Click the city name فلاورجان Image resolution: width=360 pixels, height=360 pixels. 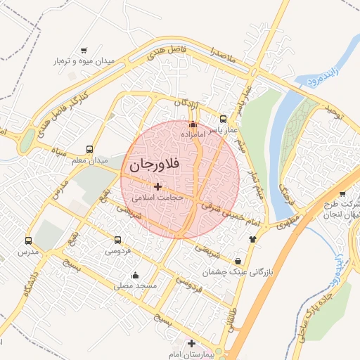point(154,166)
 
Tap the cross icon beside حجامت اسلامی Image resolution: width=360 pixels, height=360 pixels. point(157,187)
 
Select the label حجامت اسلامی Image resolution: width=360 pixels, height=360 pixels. point(161,198)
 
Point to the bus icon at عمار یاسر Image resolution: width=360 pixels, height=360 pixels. point(224,119)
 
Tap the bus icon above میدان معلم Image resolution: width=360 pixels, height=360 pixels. point(89,149)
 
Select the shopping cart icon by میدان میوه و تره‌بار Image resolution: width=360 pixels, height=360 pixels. point(84,51)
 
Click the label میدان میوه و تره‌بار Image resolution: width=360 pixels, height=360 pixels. point(84,62)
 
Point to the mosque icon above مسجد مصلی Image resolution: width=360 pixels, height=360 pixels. point(135,275)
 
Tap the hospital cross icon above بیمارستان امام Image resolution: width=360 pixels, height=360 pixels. point(191,342)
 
